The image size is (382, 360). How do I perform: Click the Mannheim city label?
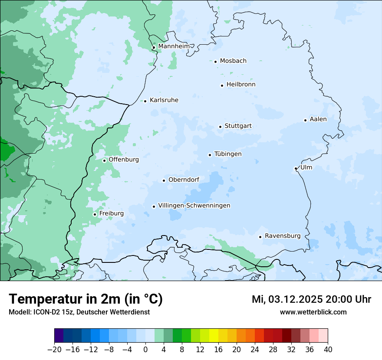click(174, 46)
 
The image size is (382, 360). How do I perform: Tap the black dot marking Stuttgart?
click(220, 127)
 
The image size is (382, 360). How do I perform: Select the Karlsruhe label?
click(164, 100)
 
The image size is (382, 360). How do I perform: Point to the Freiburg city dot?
click(95, 214)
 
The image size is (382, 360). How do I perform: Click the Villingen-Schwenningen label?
click(194, 206)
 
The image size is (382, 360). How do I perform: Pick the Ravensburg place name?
click(282, 236)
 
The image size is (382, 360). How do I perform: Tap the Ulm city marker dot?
click(296, 168)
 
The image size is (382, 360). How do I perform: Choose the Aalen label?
click(318, 119)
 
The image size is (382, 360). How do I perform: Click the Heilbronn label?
click(241, 85)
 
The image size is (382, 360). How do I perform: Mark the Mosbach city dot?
click(215, 62)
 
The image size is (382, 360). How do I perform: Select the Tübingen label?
click(227, 154)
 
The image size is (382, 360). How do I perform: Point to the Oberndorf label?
click(184, 180)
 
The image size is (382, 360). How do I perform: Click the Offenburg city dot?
click(104, 160)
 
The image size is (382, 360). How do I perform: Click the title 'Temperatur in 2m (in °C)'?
click(86, 299)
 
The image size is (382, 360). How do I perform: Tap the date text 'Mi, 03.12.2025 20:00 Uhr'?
click(311, 299)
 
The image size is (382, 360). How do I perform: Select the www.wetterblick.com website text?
click(313, 312)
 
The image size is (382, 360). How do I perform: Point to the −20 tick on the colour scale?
click(54, 350)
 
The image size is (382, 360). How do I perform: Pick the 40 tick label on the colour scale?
click(328, 350)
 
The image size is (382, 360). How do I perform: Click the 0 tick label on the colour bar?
click(145, 350)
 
